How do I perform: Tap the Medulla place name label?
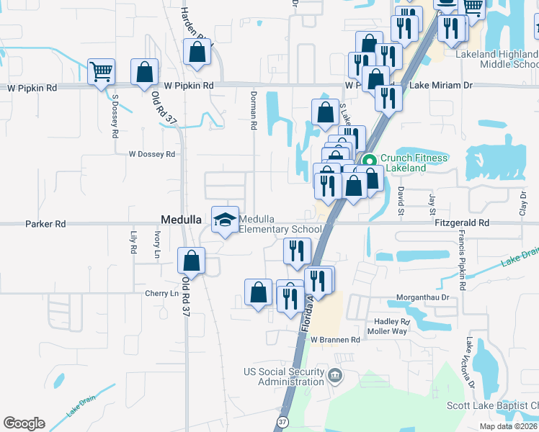(179, 220)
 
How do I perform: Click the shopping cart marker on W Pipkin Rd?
(102, 71)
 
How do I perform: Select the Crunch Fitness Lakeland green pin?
(369, 161)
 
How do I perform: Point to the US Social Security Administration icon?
(334, 376)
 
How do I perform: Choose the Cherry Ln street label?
(161, 294)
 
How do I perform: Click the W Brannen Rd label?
(335, 340)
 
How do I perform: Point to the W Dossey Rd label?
(152, 154)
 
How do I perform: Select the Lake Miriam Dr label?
(441, 85)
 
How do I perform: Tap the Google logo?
(24, 423)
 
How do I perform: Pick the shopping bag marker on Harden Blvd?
(197, 52)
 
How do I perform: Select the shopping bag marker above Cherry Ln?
(192, 260)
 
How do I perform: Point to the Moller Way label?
(389, 331)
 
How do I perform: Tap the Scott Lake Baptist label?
(493, 406)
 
